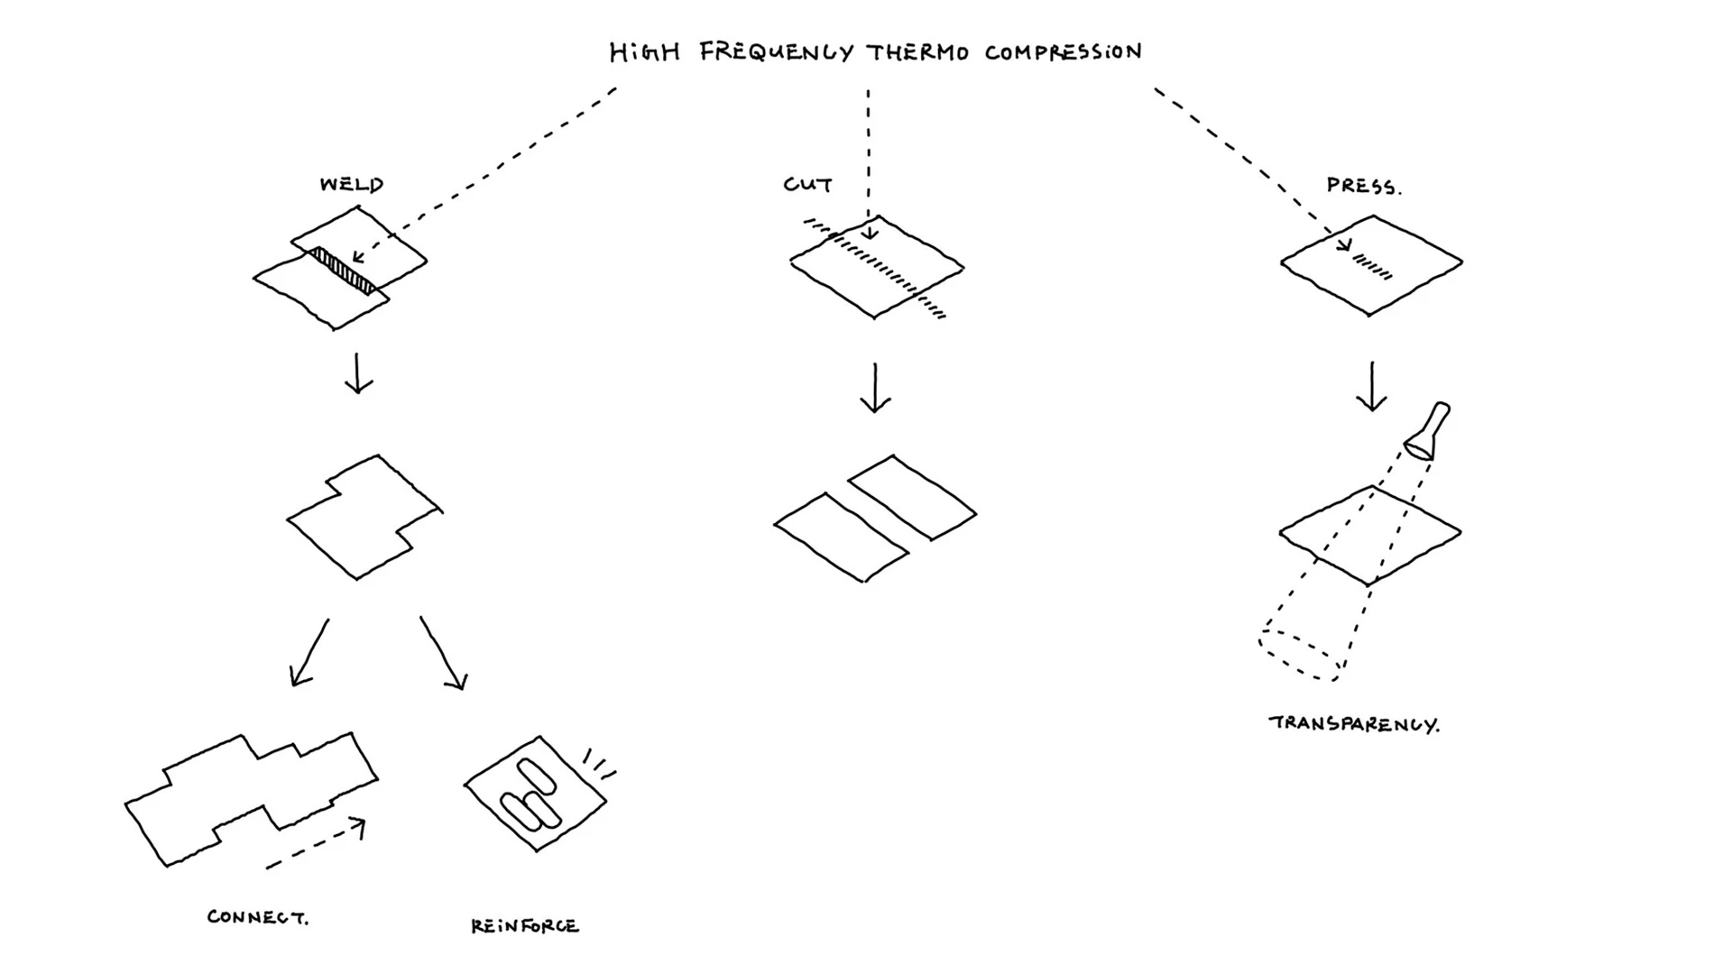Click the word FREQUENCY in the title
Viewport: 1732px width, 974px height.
(776, 52)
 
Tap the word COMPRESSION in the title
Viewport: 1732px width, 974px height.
(1063, 52)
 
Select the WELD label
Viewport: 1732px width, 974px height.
(352, 185)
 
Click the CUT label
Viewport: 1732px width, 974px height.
(807, 185)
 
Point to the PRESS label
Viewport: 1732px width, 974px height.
(1363, 187)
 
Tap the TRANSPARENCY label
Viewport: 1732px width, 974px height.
(1353, 724)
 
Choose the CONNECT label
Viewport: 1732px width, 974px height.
(257, 917)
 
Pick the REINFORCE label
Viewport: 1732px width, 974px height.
(525, 926)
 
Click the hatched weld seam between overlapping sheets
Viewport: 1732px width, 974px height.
(343, 270)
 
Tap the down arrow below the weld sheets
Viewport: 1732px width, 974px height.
(358, 373)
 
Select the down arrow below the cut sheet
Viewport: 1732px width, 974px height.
(875, 388)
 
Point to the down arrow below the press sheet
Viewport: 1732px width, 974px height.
(1372, 387)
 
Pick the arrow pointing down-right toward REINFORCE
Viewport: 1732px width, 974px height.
(443, 654)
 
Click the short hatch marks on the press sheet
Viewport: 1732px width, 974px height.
(1372, 267)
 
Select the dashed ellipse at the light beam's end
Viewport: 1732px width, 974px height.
(1299, 655)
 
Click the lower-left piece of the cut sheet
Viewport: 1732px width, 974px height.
(841, 538)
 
